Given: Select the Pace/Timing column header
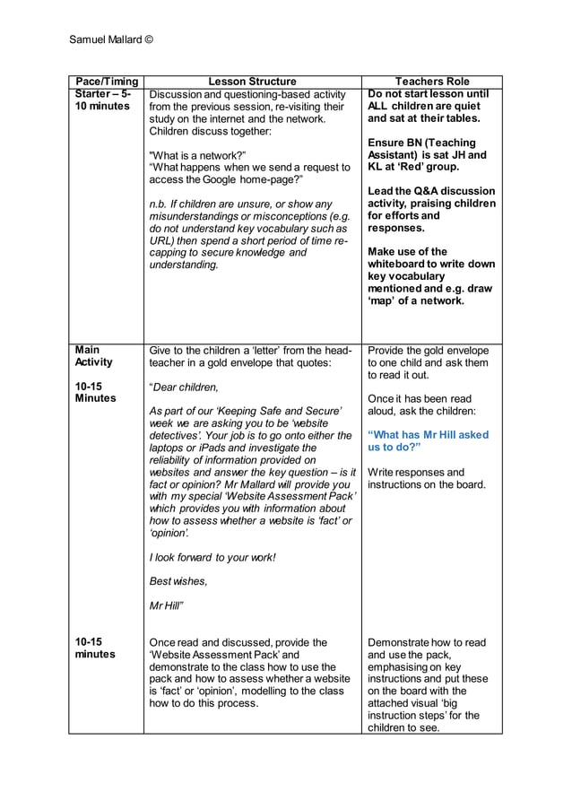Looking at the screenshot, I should (106, 82).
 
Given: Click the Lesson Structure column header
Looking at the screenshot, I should (252, 82).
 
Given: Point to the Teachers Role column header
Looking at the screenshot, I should (432, 82).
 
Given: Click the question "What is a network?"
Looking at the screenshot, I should (196, 155).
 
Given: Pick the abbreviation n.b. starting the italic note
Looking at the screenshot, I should (158, 204).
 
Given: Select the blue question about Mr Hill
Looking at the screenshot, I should (428, 440).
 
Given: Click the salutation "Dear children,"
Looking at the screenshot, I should (184, 387).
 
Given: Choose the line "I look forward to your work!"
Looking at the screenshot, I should (213, 557).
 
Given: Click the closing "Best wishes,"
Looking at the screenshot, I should (178, 581).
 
